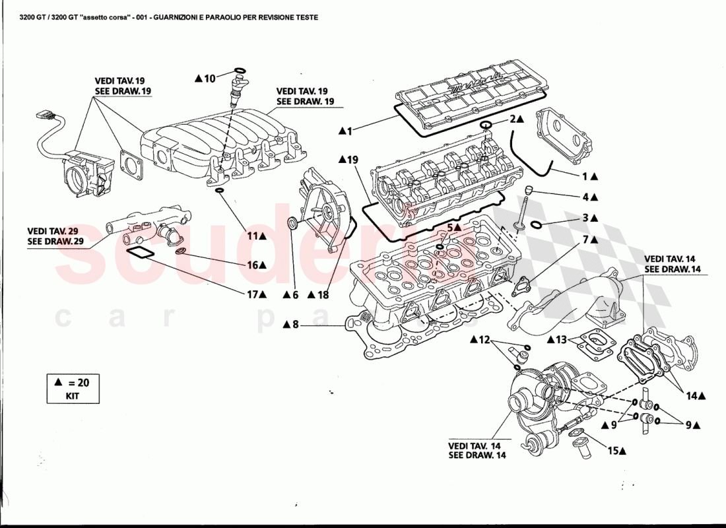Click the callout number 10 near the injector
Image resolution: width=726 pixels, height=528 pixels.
(x=209, y=79)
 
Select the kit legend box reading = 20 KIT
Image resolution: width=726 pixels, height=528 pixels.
(x=73, y=388)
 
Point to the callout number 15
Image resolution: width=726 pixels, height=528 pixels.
(x=613, y=451)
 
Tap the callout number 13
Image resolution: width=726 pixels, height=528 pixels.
(x=561, y=340)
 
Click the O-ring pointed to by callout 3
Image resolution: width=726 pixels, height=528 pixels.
(x=537, y=225)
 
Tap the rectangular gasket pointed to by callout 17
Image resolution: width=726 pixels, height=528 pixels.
(x=139, y=253)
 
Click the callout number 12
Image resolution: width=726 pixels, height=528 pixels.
(x=484, y=340)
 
